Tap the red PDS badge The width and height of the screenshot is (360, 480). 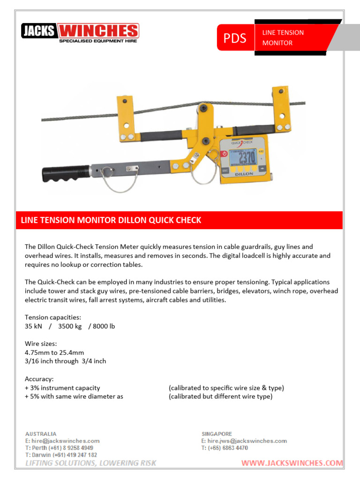pos(235,38)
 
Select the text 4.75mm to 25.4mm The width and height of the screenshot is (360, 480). pos(54,352)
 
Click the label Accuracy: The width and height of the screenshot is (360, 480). pos(39,379)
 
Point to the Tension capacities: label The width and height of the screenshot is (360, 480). pos(53,317)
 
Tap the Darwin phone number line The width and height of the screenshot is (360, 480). pos(61,455)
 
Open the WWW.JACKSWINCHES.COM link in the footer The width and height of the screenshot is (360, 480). pos(292,463)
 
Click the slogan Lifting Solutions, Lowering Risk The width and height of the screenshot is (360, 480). pos(90,463)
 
